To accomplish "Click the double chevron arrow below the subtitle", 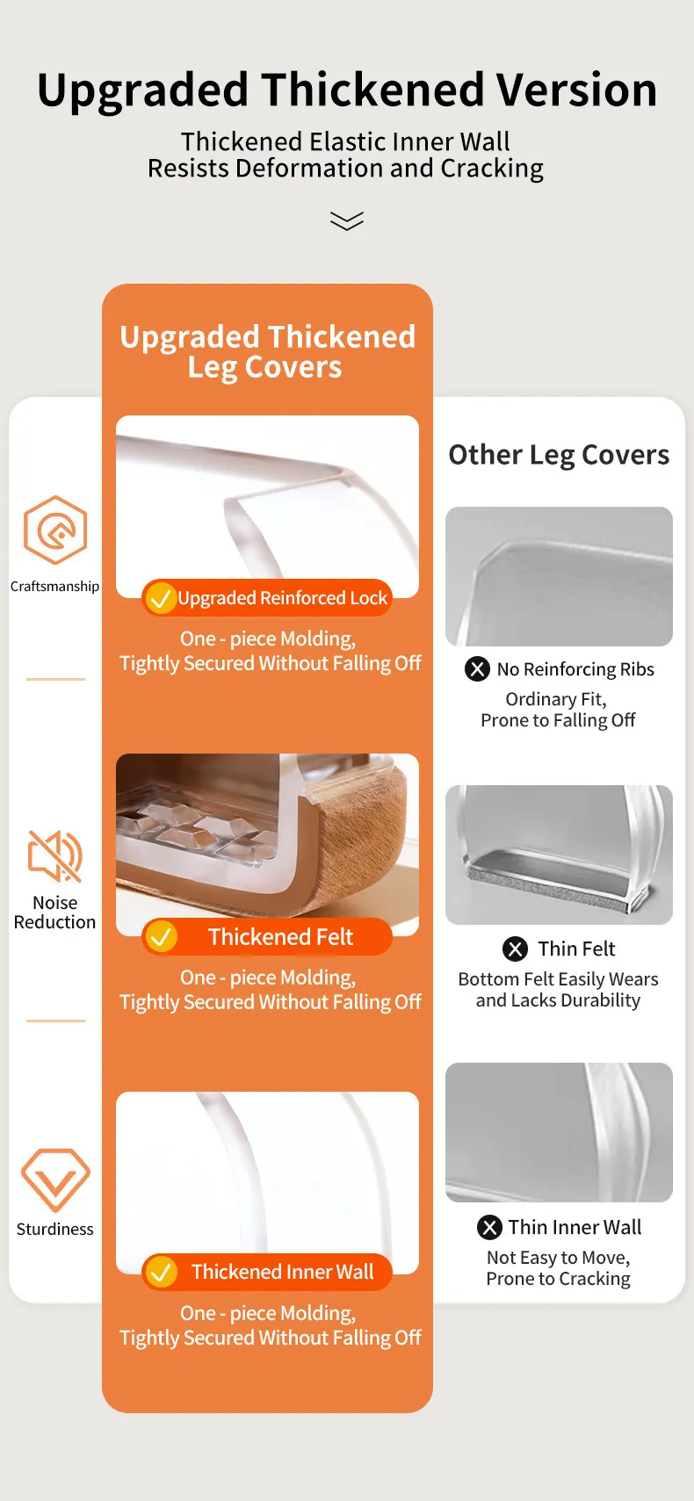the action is [x=347, y=220].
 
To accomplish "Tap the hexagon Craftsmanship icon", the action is [x=55, y=530].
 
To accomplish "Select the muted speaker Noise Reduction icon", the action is [x=55, y=855].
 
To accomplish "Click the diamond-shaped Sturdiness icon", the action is [x=55, y=1180].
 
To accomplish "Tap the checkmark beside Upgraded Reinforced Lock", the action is [x=161, y=598].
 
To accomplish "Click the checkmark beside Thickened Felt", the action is [x=161, y=936].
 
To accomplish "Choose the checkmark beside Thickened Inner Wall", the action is [x=161, y=1271].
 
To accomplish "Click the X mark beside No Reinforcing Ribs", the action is [x=477, y=668].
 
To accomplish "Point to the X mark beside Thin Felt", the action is [x=515, y=949].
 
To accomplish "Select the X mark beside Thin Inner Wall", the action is [x=489, y=1227].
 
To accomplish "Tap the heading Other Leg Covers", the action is [x=559, y=455].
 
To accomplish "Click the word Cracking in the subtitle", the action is [x=491, y=168].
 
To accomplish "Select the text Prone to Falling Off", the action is [x=558, y=720].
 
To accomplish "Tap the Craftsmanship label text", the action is [x=55, y=587].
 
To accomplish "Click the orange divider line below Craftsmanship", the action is [x=55, y=679].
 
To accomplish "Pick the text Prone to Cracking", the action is [x=558, y=1279].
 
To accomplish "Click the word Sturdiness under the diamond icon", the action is [x=55, y=1229].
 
